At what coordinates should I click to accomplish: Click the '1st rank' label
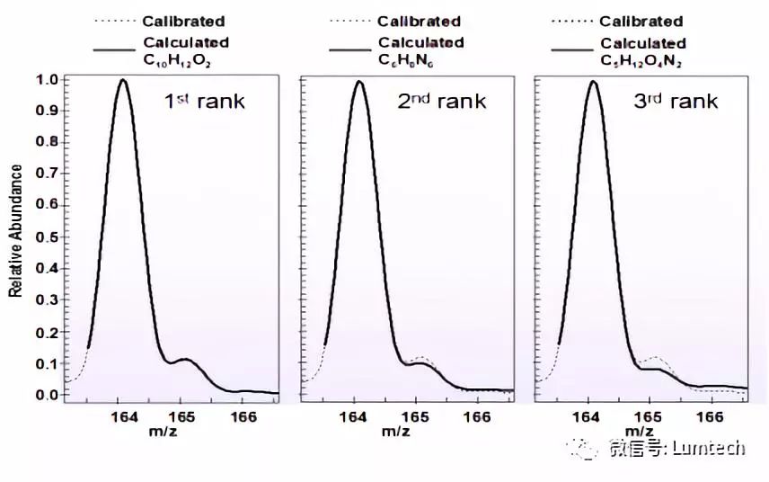click(x=204, y=101)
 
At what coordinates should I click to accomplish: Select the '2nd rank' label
click(x=441, y=101)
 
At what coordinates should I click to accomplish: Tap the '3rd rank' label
click(x=676, y=101)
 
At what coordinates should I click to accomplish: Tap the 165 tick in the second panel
click(x=415, y=417)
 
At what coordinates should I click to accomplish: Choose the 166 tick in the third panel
click(x=710, y=417)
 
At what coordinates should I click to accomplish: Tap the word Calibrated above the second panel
click(x=419, y=21)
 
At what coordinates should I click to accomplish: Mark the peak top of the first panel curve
click(x=123, y=80)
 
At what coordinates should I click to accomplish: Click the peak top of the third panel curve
click(x=592, y=81)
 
